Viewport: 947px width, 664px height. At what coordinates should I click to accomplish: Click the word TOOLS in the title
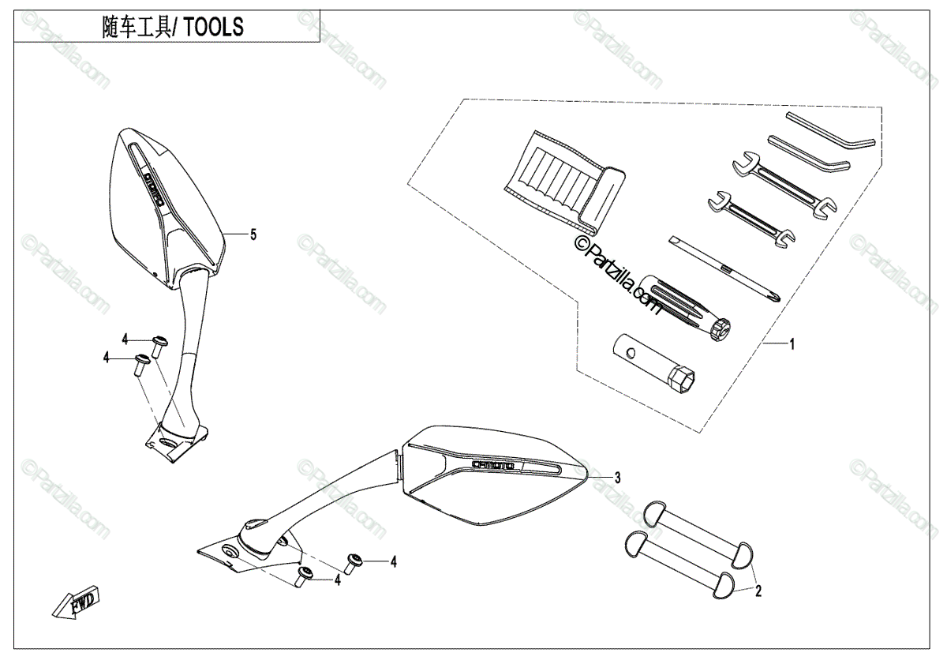point(215,27)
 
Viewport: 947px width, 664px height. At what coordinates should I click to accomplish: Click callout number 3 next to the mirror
point(617,477)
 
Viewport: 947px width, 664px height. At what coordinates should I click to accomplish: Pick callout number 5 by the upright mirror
point(253,234)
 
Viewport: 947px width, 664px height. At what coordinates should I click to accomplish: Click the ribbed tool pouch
point(563,182)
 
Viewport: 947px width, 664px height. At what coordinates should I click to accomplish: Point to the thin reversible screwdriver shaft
point(721,268)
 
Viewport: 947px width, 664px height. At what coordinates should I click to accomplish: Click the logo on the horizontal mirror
point(493,465)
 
